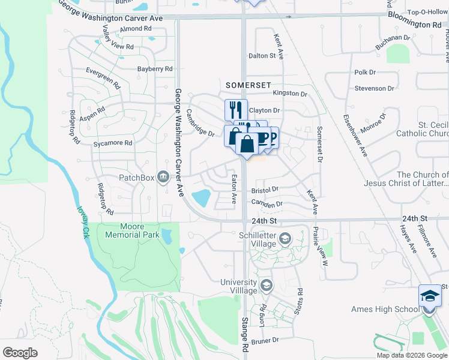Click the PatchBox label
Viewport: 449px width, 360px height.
click(136, 178)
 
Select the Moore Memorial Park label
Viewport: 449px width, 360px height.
click(132, 230)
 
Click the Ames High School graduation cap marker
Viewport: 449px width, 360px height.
click(429, 297)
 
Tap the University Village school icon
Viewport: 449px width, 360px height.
click(267, 284)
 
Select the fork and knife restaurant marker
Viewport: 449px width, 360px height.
click(236, 110)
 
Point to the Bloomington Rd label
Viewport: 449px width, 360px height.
click(414, 20)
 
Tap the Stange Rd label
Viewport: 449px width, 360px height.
click(245, 334)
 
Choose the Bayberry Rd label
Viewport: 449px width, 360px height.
click(154, 69)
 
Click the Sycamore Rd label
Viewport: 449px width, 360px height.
click(112, 143)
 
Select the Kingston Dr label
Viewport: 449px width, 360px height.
click(290, 94)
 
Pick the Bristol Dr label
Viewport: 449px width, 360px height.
click(265, 190)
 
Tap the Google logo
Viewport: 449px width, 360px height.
click(20, 353)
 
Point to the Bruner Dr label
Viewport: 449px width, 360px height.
click(266, 340)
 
